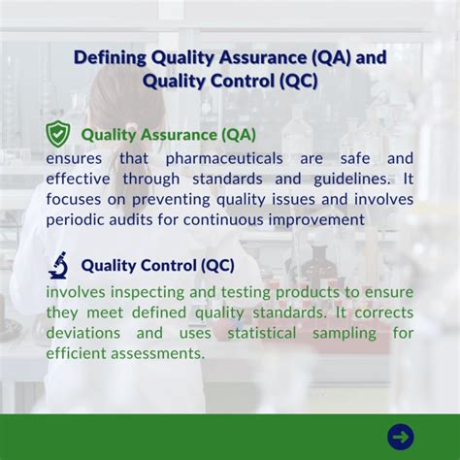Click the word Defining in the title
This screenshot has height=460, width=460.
click(x=109, y=58)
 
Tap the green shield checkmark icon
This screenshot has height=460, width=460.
click(x=58, y=133)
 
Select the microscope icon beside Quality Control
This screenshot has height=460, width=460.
click(x=58, y=264)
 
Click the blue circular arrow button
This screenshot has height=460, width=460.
click(x=400, y=436)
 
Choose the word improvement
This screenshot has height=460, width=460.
click(x=318, y=219)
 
